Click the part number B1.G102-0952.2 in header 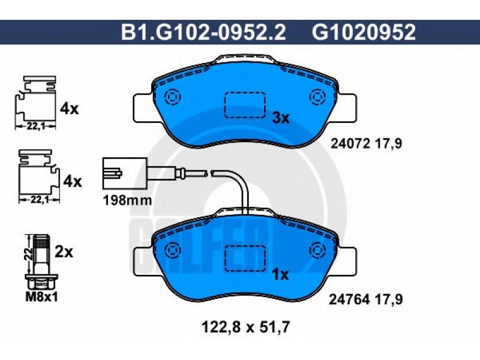point(203,32)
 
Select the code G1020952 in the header point(364,32)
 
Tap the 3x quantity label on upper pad point(281,118)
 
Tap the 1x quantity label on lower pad point(280,275)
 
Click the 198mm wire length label point(127,200)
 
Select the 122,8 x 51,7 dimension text point(245,327)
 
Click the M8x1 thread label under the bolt point(41,296)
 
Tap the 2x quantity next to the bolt point(64,252)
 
